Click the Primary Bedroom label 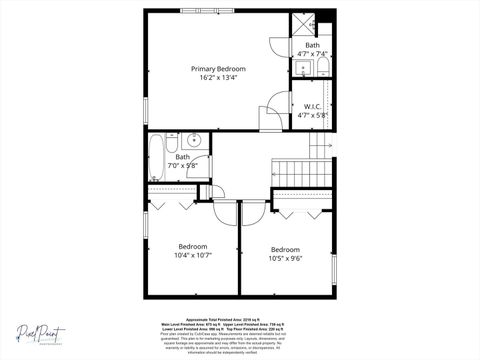coord(218,68)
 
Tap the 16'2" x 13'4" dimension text coord(218,78)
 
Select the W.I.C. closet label coord(311,106)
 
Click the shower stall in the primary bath coord(303,25)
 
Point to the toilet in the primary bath coord(323,68)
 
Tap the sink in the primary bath coord(303,68)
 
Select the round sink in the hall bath coord(196,140)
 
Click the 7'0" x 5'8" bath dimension coord(183,166)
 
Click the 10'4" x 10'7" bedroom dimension coord(193,255)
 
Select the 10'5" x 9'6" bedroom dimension coord(285,258)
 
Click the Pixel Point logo coord(39,334)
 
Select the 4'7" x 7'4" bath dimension coord(312,55)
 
